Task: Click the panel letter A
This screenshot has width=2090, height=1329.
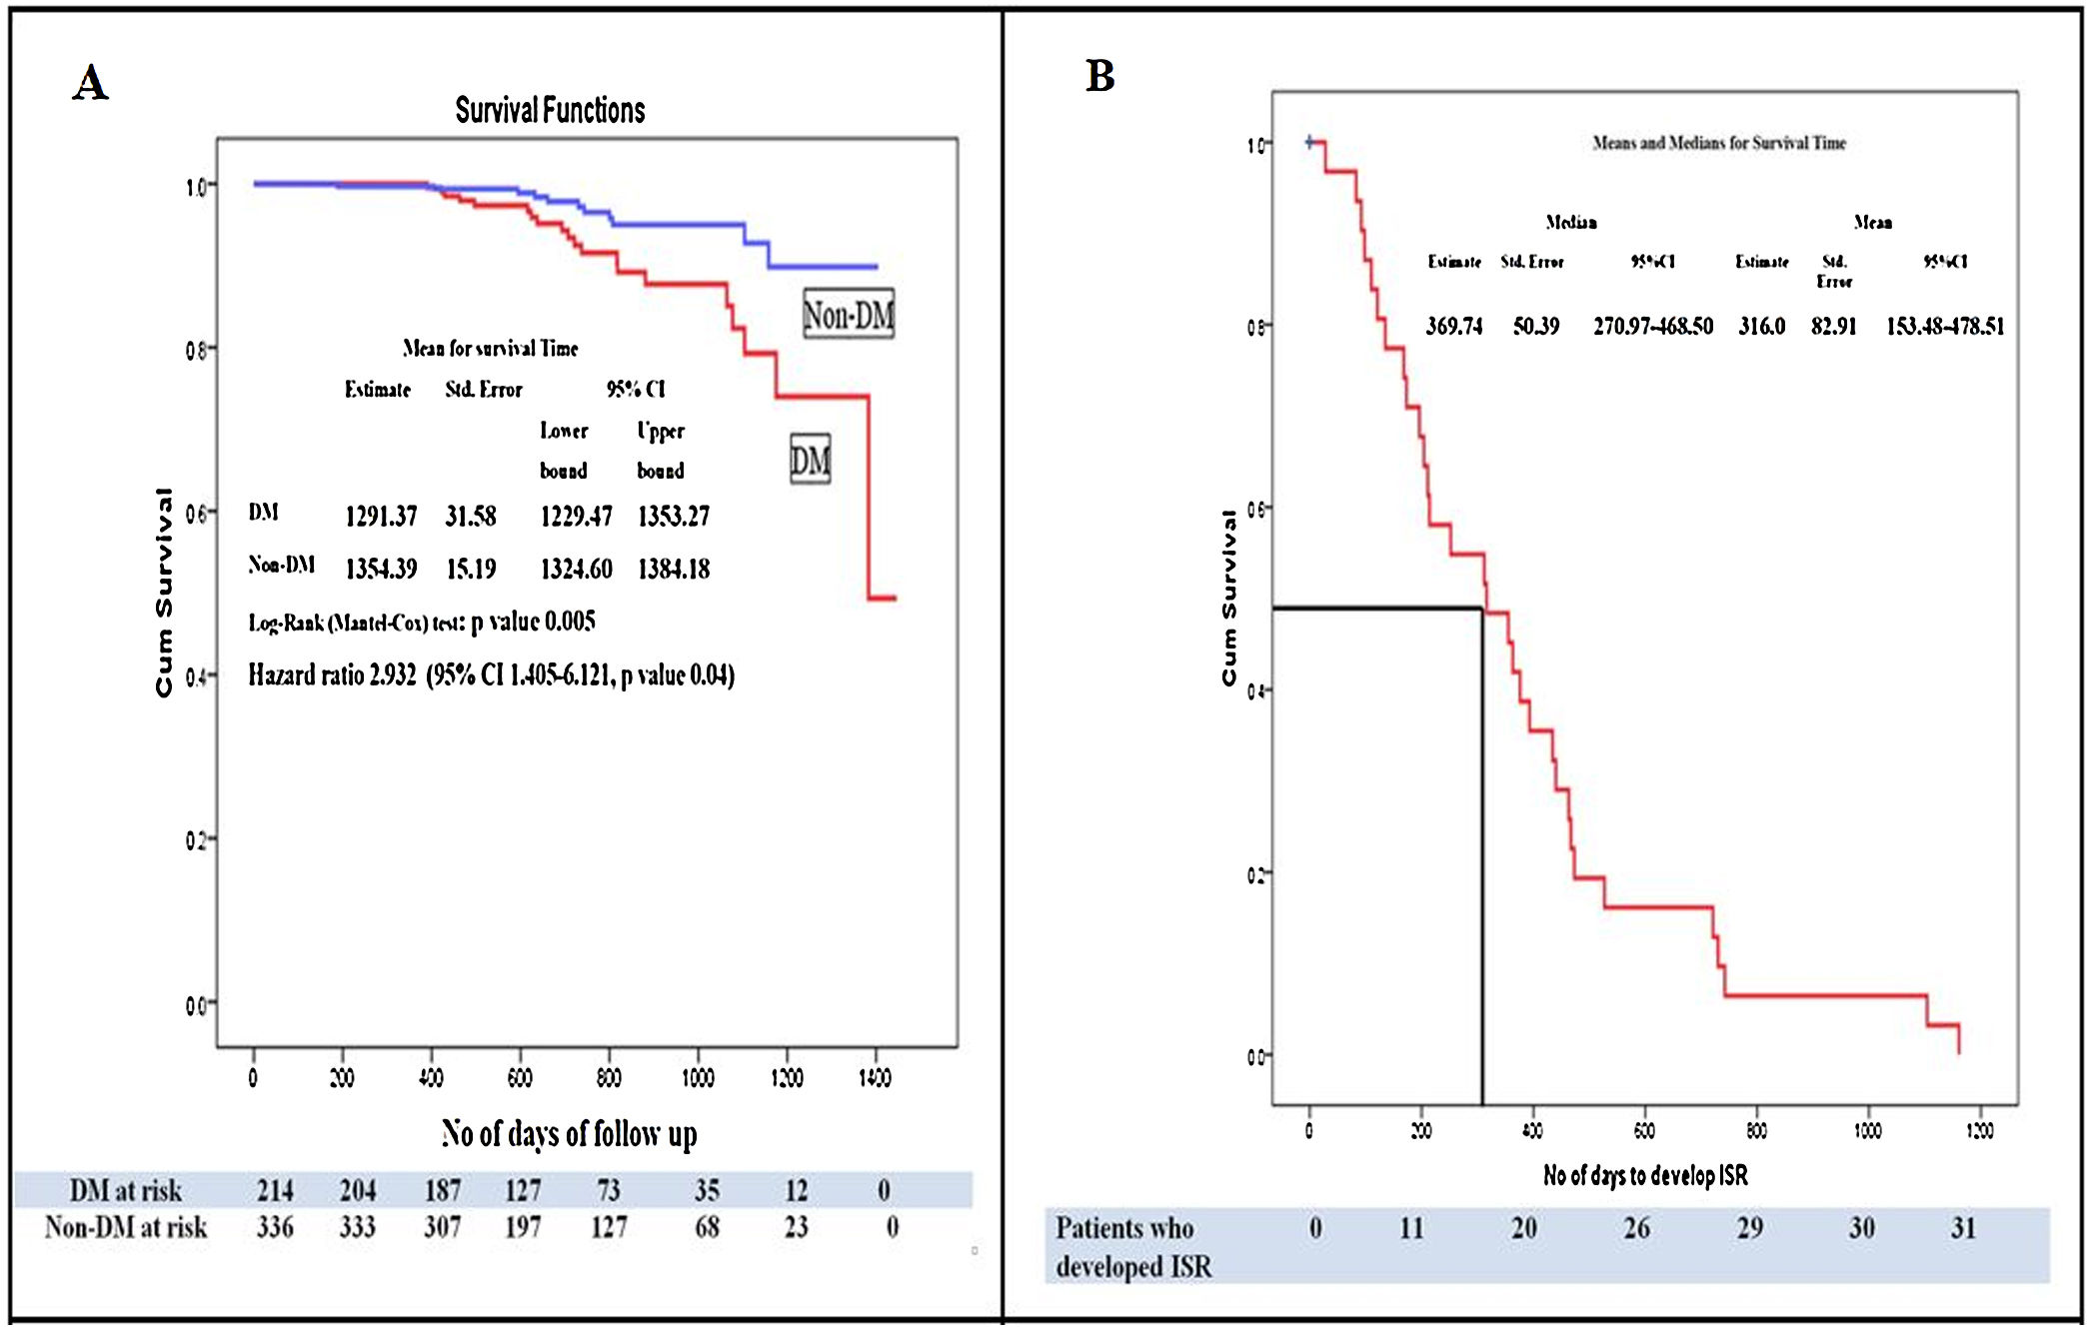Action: point(90,83)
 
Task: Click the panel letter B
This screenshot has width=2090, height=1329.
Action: point(1099,76)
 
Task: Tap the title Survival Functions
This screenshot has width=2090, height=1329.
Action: point(550,110)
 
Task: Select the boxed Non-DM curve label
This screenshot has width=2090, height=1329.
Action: point(849,315)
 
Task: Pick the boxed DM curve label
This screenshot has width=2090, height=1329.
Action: point(810,460)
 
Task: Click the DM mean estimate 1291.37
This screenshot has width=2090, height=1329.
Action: point(381,516)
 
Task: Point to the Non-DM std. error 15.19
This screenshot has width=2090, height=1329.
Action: point(471,569)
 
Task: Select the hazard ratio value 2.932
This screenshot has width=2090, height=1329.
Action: point(392,675)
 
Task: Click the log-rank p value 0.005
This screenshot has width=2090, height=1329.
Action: point(570,622)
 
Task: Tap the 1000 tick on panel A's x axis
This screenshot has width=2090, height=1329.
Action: point(698,1077)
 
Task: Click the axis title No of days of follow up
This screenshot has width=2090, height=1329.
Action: point(569,1134)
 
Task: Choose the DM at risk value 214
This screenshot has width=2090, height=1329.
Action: point(275,1190)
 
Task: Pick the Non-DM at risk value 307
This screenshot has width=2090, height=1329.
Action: point(442,1227)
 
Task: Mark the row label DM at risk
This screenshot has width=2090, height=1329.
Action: point(125,1190)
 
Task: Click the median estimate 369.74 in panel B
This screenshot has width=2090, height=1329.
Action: point(1454,326)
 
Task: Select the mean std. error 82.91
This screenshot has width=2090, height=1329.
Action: point(1833,326)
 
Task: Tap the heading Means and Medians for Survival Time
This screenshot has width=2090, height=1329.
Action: point(1719,143)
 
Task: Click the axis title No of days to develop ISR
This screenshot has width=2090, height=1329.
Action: point(1645,1175)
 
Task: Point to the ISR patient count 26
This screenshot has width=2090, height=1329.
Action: point(1636,1228)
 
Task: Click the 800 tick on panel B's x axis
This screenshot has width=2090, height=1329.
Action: point(1756,1130)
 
